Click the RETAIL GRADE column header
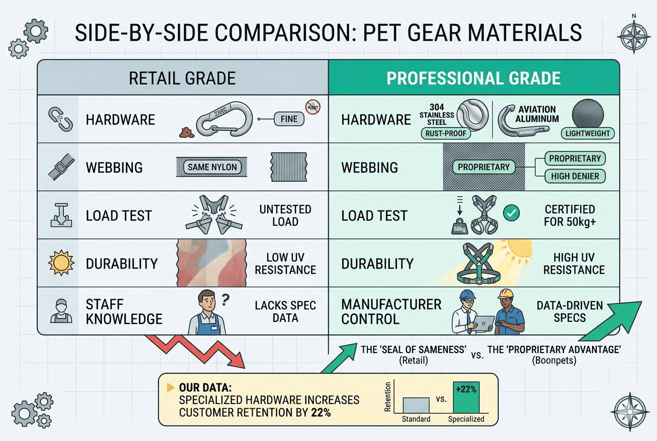coord(182,78)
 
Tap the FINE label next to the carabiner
coord(288,119)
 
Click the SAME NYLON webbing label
coord(213,167)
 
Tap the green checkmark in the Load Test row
coord(512,212)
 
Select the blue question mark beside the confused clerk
coord(226,299)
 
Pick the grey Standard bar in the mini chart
coord(416,405)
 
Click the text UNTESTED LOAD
coord(285,215)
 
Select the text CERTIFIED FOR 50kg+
coord(570,215)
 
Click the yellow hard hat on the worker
coord(506,294)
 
